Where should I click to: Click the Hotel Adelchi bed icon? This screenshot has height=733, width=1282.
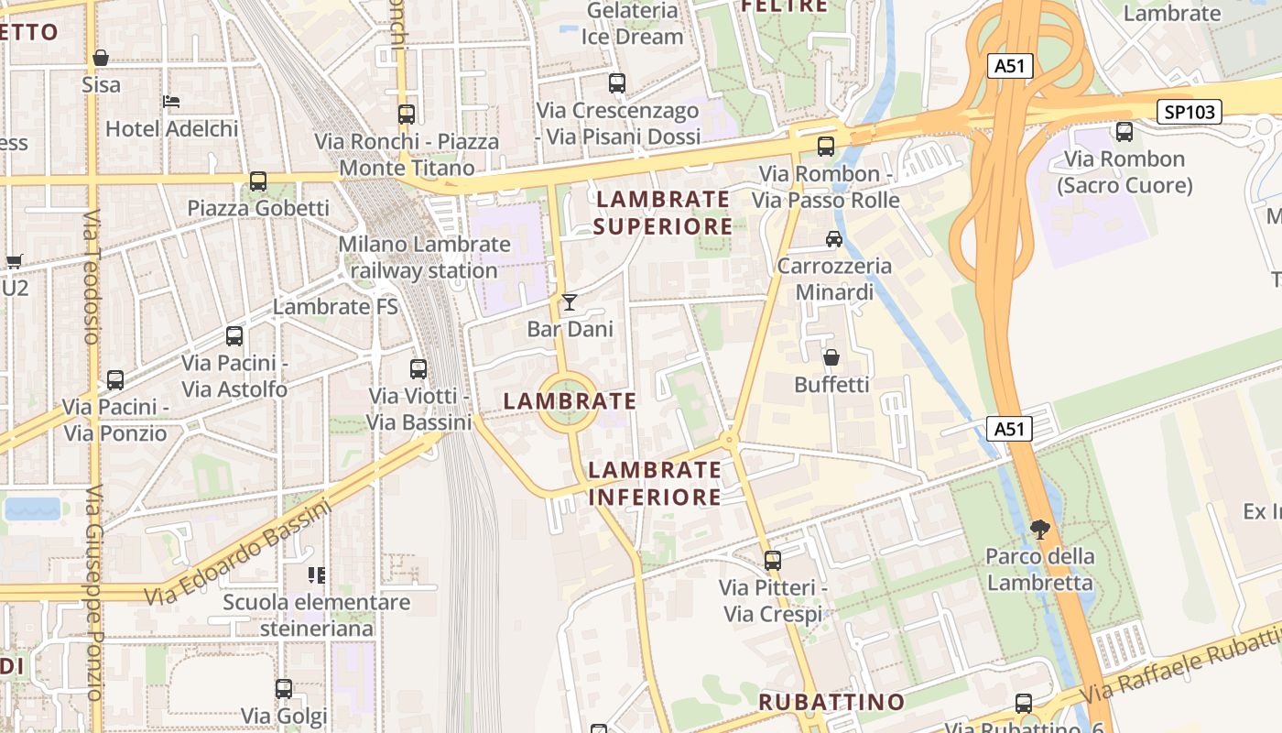[x=171, y=102]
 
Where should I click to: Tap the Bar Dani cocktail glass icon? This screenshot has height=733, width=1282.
[x=570, y=301]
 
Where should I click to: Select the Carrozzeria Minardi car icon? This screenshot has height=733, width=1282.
[x=833, y=239]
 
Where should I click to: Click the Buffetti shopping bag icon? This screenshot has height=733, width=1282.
[x=831, y=357]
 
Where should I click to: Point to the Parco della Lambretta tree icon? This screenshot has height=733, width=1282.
[x=1039, y=529]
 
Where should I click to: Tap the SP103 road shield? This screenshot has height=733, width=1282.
[x=1190, y=112]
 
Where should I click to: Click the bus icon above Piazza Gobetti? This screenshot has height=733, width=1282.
[x=258, y=181]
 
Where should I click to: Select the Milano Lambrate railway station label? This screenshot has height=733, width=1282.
[x=424, y=257]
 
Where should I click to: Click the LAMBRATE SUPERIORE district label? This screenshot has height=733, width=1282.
[x=663, y=213]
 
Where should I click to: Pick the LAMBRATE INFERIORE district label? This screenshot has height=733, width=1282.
[x=655, y=483]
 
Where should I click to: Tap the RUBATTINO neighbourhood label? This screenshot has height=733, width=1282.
[x=831, y=702]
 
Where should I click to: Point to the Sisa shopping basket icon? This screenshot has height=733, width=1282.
[x=101, y=59]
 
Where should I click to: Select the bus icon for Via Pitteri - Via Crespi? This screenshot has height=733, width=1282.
[x=773, y=560]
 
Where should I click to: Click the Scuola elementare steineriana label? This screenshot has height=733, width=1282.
[x=317, y=616]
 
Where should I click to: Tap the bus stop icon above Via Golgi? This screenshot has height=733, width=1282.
[x=284, y=688]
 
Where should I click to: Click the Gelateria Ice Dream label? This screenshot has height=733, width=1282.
[x=633, y=24]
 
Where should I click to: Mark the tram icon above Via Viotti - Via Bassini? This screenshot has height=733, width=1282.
[x=418, y=369]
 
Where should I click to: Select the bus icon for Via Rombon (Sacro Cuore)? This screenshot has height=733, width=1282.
[x=1124, y=132]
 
